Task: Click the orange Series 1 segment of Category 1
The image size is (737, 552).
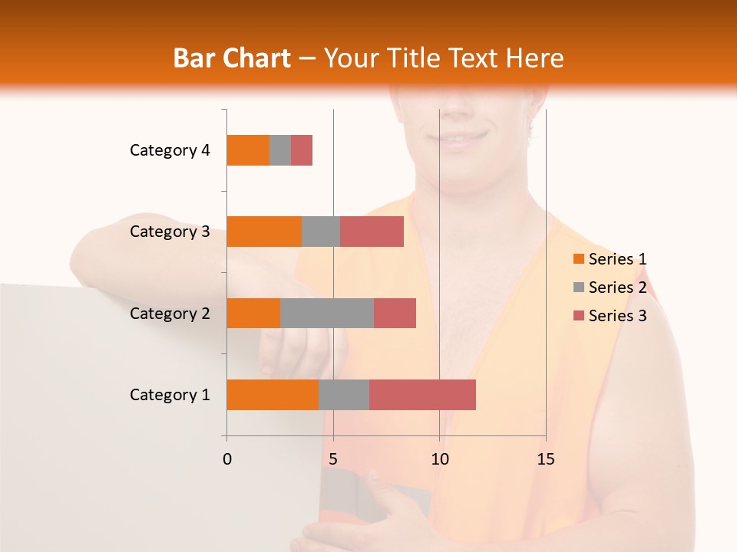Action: tap(273, 395)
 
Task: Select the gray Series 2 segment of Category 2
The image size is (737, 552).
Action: tap(327, 313)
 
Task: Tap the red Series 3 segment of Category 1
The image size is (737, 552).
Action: tap(422, 395)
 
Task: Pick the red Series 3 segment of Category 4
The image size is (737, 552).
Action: tap(302, 150)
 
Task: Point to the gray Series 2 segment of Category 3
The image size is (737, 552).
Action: tap(321, 232)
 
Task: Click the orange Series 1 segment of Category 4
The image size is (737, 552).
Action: tap(248, 150)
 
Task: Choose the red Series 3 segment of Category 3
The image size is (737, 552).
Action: tap(372, 232)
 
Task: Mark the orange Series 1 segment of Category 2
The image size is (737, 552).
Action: tap(253, 313)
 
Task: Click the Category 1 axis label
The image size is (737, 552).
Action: tap(170, 395)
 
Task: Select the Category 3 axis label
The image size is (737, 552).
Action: tap(170, 232)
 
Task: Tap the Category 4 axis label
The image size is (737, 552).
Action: tap(170, 150)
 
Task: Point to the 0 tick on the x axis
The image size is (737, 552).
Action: tap(227, 459)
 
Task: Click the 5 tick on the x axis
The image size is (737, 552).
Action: tap(333, 459)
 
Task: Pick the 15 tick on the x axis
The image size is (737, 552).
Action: tap(545, 459)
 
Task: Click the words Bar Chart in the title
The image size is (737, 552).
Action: tap(232, 58)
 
